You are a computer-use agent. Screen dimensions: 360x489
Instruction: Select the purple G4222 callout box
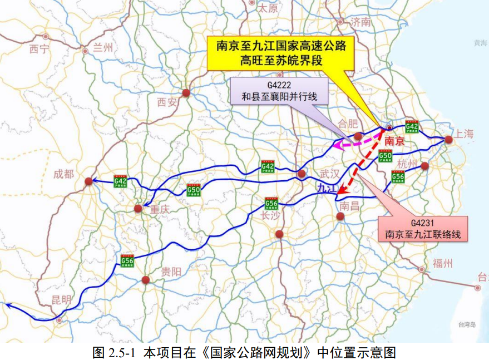coord(279,91)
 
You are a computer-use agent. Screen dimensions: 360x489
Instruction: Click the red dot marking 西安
coord(186,93)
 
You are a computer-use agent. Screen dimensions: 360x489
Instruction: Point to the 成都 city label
coord(63,174)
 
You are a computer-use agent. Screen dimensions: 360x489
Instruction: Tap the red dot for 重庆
coord(138,209)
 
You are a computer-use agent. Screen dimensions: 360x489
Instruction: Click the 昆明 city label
coord(61,300)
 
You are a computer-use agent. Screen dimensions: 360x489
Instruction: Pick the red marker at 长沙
coord(279,234)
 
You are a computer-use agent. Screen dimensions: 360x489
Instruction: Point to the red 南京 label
coord(394,141)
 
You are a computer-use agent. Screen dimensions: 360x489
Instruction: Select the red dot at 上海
coord(448,140)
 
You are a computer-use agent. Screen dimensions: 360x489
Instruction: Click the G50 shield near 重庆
coord(194,189)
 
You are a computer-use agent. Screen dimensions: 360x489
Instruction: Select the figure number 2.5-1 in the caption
coord(122,352)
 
